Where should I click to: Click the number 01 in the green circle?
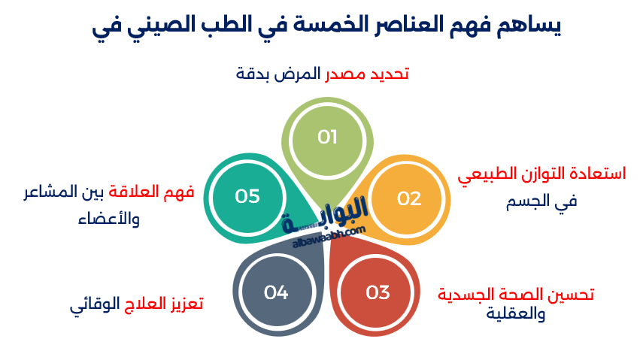[x=327, y=137]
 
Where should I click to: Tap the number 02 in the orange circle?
[x=409, y=199]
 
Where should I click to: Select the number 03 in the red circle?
[x=378, y=293]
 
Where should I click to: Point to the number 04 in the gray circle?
[x=276, y=293]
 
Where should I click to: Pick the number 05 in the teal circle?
[x=247, y=196]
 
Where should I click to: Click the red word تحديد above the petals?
[x=390, y=74]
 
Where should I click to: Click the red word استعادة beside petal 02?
[x=599, y=174]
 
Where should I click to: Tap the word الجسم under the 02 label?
[x=528, y=201]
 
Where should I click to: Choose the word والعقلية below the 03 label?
[x=516, y=314]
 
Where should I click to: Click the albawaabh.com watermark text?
[x=329, y=237]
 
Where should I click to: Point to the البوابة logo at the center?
[x=324, y=214]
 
